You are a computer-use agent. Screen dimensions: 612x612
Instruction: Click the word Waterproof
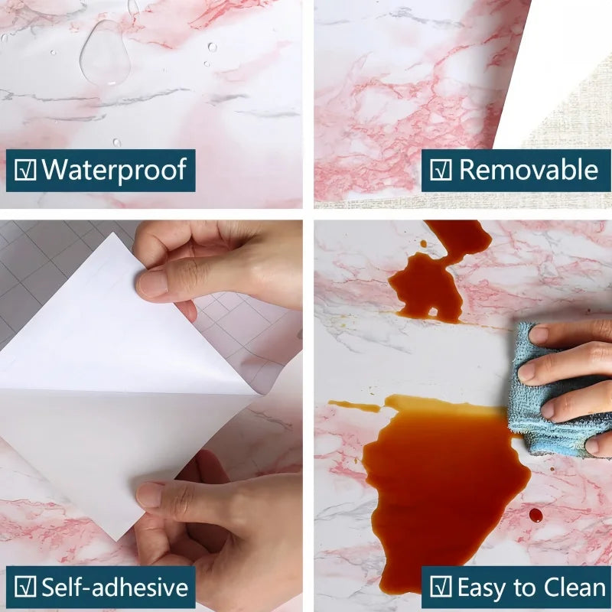[x=114, y=170]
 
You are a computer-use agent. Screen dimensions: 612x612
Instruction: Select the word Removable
[x=529, y=170]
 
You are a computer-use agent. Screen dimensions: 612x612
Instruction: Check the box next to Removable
[x=440, y=171]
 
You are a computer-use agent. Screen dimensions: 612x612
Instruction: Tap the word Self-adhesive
[x=115, y=588]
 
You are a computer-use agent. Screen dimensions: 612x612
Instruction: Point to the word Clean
[x=567, y=588]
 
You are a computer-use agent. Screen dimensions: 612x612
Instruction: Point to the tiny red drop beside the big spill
[x=535, y=515]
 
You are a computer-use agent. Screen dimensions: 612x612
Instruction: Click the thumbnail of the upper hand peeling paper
[x=151, y=284]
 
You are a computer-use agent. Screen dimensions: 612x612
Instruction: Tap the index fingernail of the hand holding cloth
[x=539, y=334]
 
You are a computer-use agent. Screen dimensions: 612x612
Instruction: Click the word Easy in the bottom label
[x=483, y=588]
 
